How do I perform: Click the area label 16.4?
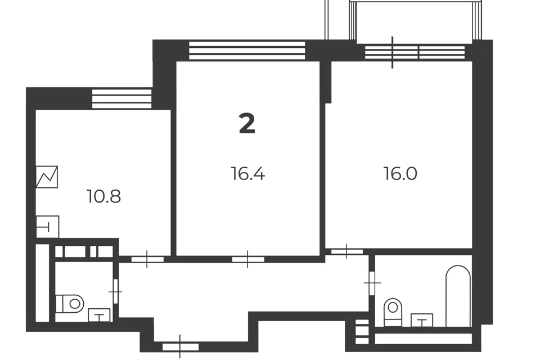click(248, 173)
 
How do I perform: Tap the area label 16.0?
click(400, 173)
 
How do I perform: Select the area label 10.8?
click(103, 196)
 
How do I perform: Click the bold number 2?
click(247, 124)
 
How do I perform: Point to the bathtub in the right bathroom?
click(458, 296)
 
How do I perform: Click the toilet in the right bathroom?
click(393, 312)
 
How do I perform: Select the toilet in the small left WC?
click(70, 304)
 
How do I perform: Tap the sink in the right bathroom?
click(422, 320)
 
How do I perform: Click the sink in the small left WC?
click(99, 315)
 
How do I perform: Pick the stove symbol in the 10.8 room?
click(47, 177)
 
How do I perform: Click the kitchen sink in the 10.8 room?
click(47, 227)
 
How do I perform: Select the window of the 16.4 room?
click(247, 51)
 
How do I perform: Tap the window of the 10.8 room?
click(121, 99)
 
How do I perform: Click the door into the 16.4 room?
click(248, 259)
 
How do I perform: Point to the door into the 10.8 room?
click(147, 259)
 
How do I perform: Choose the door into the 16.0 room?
click(347, 251)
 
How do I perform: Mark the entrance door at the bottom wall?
click(180, 346)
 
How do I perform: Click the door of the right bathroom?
click(372, 283)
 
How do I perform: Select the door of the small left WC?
click(115, 291)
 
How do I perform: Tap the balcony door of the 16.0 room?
click(392, 52)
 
